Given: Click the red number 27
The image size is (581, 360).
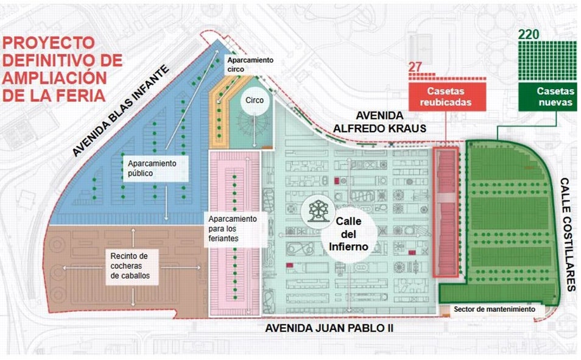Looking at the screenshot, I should (x=415, y=67).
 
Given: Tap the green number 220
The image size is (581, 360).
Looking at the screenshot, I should (x=529, y=34).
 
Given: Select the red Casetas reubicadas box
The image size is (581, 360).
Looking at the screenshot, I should (x=447, y=96).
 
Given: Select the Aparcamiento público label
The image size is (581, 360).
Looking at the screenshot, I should (x=152, y=168).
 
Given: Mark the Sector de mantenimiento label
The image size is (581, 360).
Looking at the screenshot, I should (x=494, y=309).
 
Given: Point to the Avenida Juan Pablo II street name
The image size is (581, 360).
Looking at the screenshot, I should (x=329, y=328).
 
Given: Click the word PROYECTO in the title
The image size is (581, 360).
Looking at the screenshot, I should (x=49, y=44).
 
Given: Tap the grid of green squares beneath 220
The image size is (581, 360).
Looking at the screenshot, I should (x=548, y=60).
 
